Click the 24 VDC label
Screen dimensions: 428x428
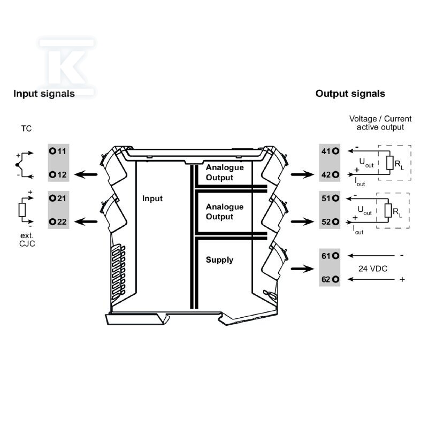click(373, 269)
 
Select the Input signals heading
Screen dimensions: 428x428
click(44, 94)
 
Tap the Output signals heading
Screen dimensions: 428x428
click(350, 94)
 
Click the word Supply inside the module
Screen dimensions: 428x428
click(219, 260)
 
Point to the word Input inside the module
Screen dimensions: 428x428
click(152, 198)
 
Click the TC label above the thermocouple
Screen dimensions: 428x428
click(26, 128)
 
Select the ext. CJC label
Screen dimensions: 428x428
click(27, 240)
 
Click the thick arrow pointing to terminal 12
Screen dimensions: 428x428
click(86, 175)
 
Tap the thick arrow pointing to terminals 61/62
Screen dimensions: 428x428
click(302, 269)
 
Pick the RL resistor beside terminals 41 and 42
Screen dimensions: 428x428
click(390, 163)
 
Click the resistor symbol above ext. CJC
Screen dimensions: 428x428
click(22, 210)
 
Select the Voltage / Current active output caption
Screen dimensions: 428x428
click(380, 123)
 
